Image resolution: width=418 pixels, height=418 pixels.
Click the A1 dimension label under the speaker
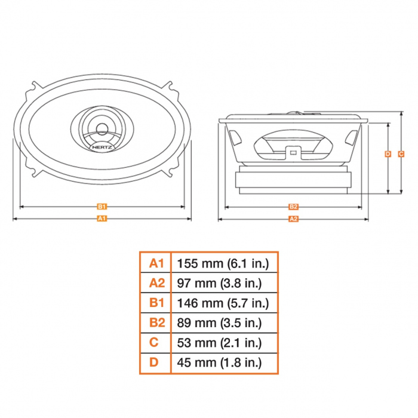tap(102, 219)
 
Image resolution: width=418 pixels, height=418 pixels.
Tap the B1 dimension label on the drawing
tap(102, 207)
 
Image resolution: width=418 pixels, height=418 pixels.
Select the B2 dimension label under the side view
tap(293, 207)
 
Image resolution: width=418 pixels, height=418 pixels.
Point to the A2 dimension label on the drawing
tap(293, 219)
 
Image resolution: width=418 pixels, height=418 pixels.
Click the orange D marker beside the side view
tap(388, 154)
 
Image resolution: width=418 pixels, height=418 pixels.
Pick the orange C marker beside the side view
tap(401, 154)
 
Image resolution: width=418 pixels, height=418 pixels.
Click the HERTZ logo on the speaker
tap(102, 147)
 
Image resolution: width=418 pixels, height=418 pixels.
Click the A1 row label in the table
tap(156, 263)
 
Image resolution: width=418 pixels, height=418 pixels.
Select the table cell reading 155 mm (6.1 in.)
tap(223, 263)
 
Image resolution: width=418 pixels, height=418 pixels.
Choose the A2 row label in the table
tap(157, 283)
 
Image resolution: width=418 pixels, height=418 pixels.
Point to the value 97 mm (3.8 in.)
tap(219, 283)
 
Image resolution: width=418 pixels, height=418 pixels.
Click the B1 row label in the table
tap(156, 303)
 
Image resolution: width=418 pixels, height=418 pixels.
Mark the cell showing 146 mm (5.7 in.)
tap(223, 303)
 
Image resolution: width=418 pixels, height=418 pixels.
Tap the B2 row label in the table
tap(157, 322)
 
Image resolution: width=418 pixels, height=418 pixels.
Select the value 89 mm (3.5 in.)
tap(219, 323)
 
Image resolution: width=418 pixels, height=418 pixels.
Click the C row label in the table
tap(154, 342)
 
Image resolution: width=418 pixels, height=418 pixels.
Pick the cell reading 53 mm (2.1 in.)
tap(219, 343)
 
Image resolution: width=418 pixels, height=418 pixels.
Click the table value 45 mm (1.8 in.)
tap(219, 362)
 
